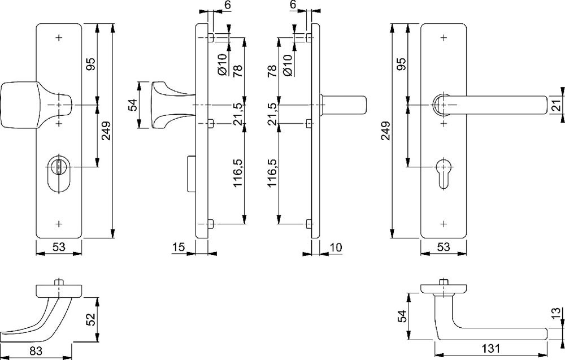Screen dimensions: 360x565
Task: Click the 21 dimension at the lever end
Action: tap(555, 105)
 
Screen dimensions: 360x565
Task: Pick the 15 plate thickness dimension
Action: tap(179, 247)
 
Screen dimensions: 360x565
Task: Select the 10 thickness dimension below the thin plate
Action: tap(335, 247)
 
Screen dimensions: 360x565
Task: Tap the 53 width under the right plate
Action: tap(444, 247)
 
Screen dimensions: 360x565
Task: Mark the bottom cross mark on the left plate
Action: tap(59, 224)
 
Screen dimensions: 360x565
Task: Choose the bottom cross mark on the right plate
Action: tap(444, 224)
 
